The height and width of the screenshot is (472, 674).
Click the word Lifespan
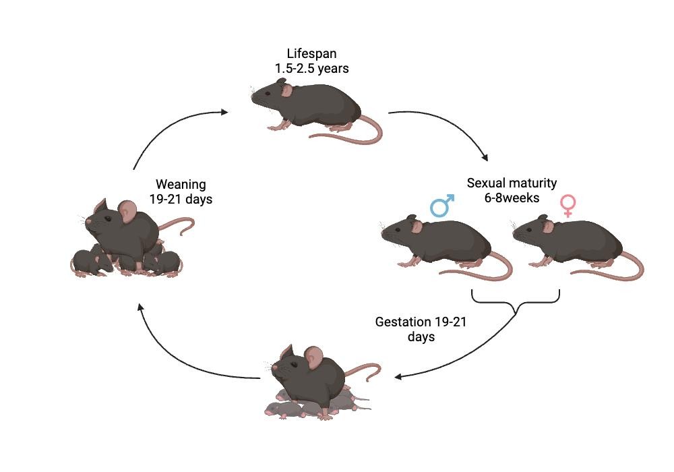click(x=311, y=54)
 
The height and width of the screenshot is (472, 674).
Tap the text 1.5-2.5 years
click(x=311, y=68)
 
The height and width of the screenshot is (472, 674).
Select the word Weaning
click(x=181, y=184)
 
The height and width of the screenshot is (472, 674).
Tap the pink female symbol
click(x=568, y=206)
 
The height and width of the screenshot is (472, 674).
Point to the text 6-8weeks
click(x=512, y=198)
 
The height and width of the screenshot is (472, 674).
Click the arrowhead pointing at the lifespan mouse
click(x=224, y=112)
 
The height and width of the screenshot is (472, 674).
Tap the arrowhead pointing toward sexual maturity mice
click(x=485, y=157)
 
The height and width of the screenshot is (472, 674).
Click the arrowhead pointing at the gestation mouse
click(x=398, y=377)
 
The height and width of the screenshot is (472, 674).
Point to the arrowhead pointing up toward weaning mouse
click(x=140, y=307)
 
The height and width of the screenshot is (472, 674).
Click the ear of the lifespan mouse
click(x=286, y=90)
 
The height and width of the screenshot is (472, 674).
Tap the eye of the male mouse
click(x=398, y=229)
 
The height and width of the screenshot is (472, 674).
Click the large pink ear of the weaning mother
click(x=127, y=212)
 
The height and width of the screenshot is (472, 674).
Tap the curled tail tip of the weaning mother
click(x=183, y=233)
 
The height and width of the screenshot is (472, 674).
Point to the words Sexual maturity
click(x=512, y=183)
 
